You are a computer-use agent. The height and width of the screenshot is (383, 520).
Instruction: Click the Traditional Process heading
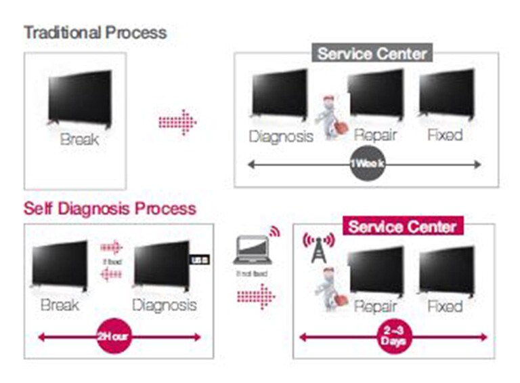click(x=95, y=32)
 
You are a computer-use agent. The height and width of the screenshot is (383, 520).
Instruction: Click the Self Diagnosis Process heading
click(x=110, y=207)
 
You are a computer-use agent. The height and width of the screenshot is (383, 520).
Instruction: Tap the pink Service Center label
click(x=402, y=226)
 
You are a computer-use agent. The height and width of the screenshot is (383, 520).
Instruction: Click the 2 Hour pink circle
click(x=113, y=336)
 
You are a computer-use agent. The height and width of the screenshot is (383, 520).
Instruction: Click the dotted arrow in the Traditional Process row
click(x=177, y=122)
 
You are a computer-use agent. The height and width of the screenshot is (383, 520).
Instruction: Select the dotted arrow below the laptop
click(x=255, y=296)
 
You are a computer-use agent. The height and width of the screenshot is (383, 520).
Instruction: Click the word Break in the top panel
click(x=79, y=140)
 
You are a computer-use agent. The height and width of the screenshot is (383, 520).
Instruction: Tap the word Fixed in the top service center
click(x=445, y=135)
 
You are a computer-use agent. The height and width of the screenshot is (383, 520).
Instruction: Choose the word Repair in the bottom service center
click(x=376, y=306)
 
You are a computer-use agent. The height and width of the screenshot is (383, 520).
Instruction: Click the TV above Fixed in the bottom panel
click(x=446, y=270)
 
